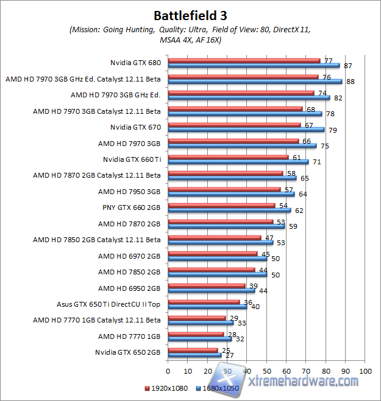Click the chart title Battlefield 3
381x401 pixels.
click(x=190, y=15)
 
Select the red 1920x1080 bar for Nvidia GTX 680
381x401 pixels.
click(x=244, y=61)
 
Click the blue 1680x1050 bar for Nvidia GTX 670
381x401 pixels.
click(x=246, y=130)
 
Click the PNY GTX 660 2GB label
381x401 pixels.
click(x=132, y=207)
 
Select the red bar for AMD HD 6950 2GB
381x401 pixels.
click(x=206, y=285)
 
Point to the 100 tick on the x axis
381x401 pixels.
click(x=366, y=370)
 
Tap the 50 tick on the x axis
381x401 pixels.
click(x=266, y=370)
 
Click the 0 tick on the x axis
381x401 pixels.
click(x=168, y=370)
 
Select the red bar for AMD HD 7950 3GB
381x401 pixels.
click(x=224, y=189)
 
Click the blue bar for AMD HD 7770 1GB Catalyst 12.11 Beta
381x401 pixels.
click(x=200, y=323)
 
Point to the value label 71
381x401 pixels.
click(x=316, y=162)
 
